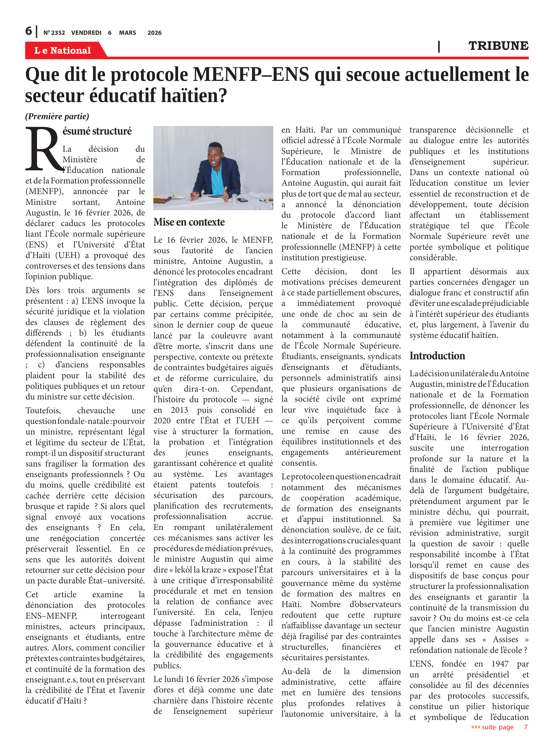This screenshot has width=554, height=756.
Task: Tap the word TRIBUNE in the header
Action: pos(498,46)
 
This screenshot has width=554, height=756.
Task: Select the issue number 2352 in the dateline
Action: pos(58,33)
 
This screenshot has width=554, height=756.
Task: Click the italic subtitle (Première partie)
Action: pos(57,116)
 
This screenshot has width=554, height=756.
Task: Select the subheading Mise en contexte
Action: pos(189,222)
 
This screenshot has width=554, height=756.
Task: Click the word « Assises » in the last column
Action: pos(505,640)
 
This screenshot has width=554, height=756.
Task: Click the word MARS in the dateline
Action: pos(127,33)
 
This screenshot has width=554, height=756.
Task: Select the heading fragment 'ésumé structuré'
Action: pos(97,131)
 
